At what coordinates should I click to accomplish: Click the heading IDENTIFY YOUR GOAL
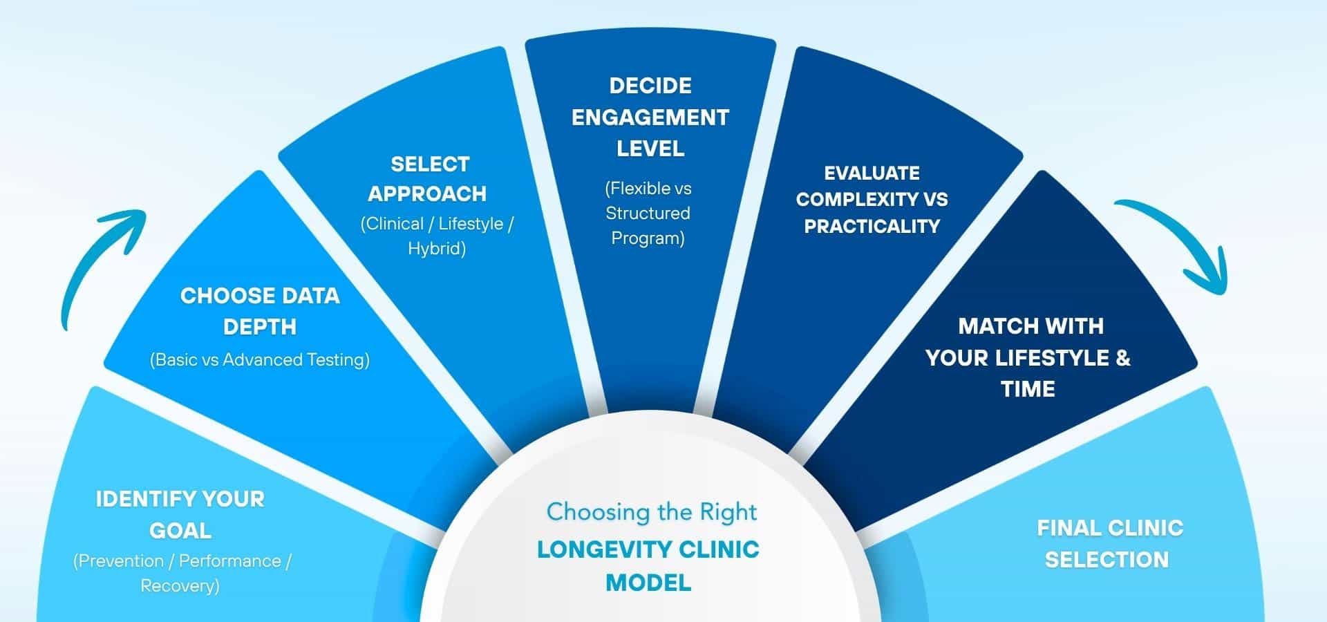[180, 514]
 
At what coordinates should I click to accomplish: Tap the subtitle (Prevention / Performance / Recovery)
[182, 573]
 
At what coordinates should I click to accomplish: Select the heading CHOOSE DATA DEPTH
[260, 311]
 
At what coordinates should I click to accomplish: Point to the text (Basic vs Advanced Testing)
[260, 359]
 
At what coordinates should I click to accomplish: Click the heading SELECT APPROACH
[428, 179]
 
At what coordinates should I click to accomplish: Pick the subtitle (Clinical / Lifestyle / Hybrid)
[437, 236]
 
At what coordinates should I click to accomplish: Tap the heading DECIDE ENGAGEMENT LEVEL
[650, 117]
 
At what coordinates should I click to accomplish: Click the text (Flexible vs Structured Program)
[648, 213]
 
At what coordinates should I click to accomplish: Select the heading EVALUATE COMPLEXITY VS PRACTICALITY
[872, 199]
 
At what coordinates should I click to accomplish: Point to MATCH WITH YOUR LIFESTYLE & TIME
[1028, 357]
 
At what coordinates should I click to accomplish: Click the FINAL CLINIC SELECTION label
[1109, 543]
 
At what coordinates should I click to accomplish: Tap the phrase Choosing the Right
[651, 512]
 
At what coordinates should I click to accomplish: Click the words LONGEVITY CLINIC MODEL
[648, 565]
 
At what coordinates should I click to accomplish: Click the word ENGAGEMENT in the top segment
[650, 117]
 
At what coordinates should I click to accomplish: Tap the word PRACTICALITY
[872, 226]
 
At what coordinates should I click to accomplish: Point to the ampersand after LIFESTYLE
[1122, 357]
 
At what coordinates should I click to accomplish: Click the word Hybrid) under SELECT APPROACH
[437, 248]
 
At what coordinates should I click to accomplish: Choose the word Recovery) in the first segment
[180, 585]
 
